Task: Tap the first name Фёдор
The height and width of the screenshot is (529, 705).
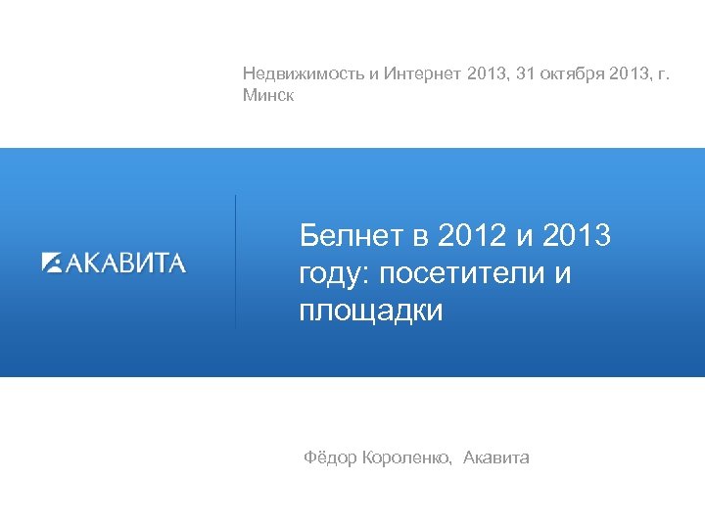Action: (x=330, y=457)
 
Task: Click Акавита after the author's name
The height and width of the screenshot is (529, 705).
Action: (x=496, y=457)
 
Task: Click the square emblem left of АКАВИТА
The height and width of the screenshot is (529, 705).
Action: (x=52, y=262)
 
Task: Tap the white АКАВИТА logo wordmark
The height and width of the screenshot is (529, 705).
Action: (x=125, y=262)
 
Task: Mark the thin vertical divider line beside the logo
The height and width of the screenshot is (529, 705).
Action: (x=235, y=261)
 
